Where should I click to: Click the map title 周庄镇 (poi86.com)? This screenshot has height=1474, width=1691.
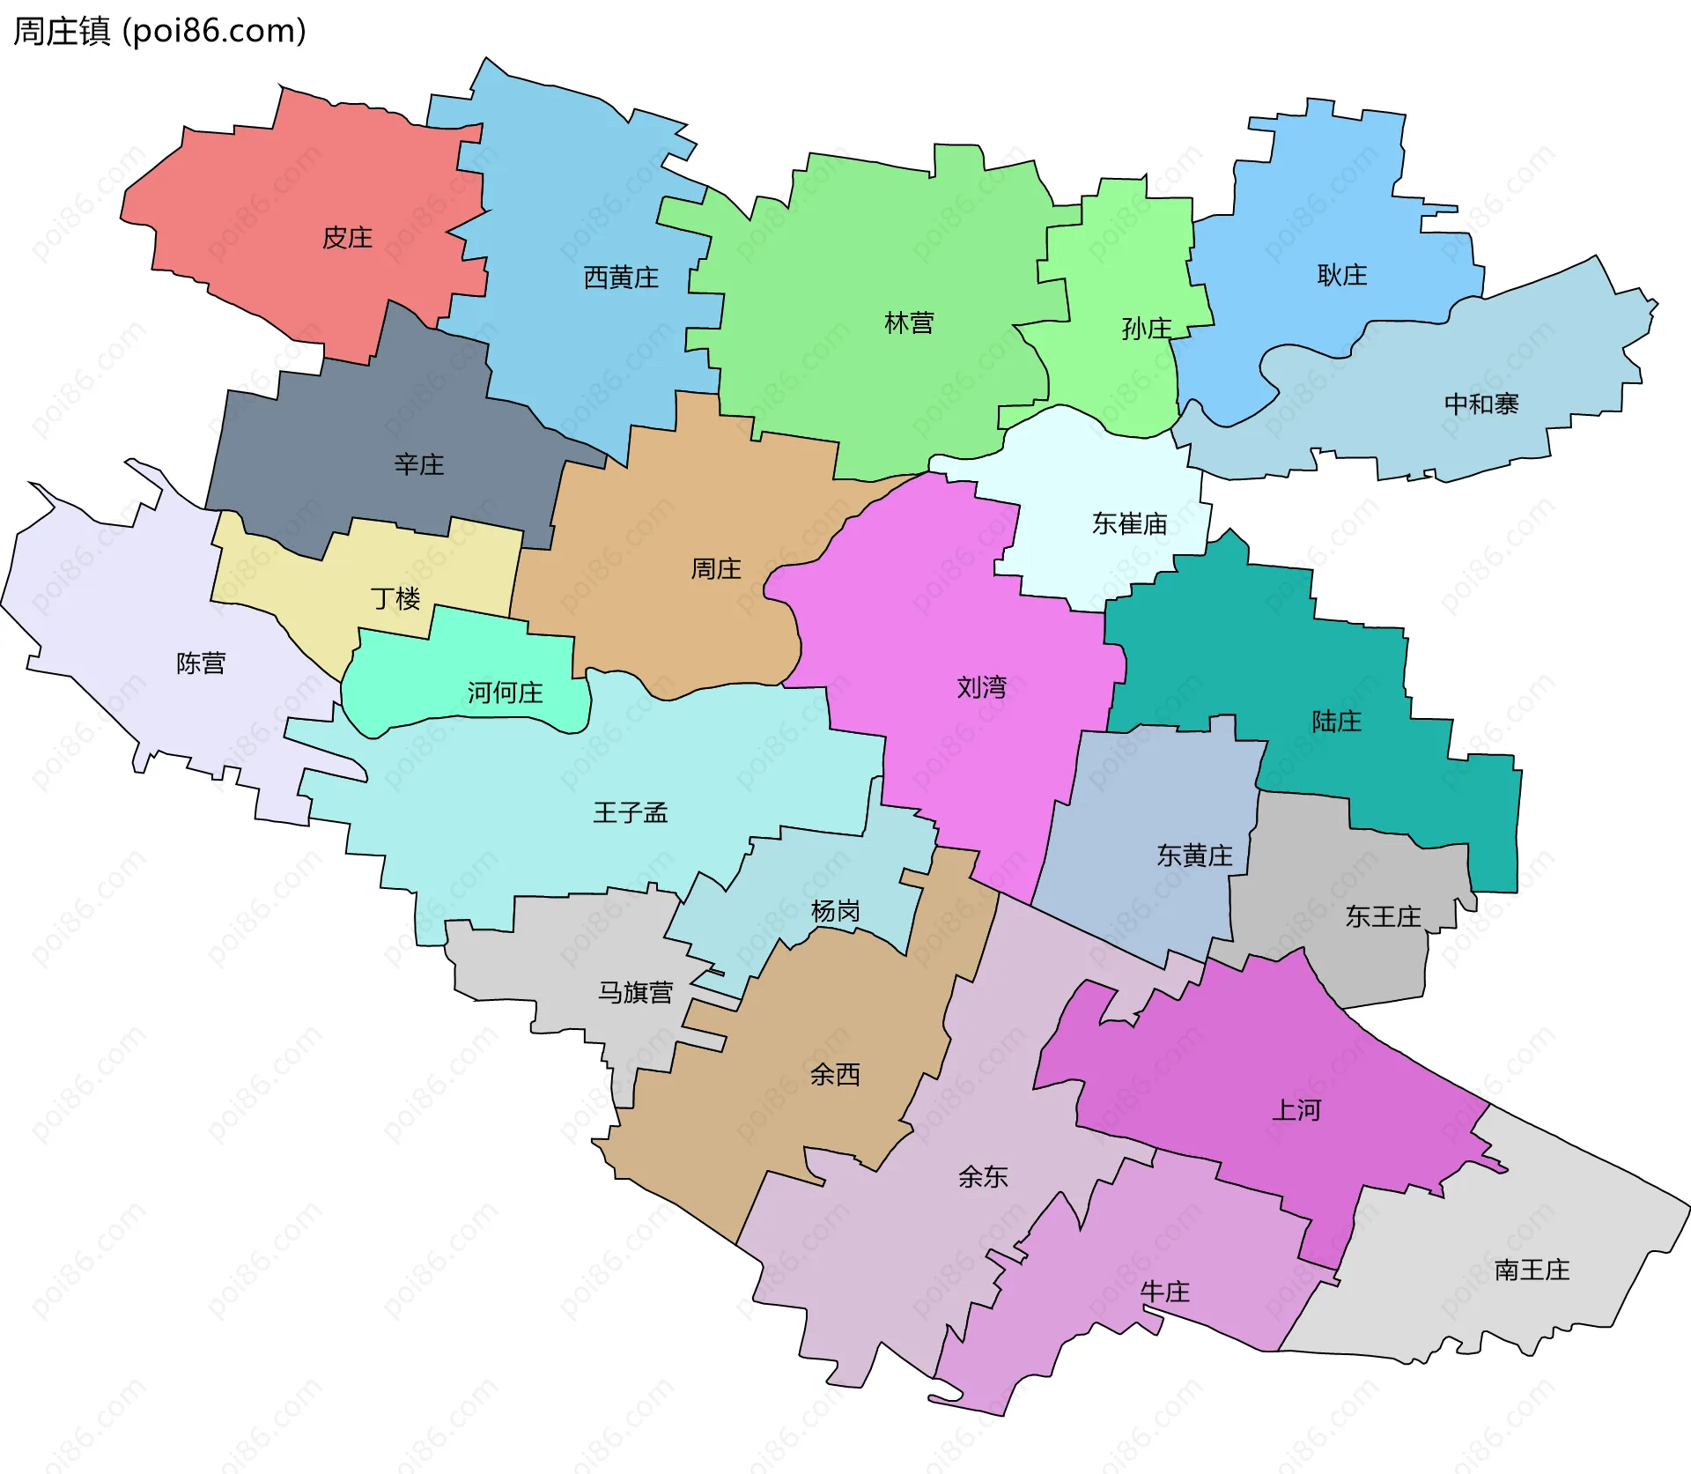click(159, 31)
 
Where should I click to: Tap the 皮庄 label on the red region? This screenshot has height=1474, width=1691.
click(347, 238)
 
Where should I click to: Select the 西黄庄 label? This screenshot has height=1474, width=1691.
click(621, 278)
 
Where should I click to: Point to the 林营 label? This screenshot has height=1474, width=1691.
click(909, 323)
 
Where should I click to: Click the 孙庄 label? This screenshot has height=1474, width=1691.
click(1146, 329)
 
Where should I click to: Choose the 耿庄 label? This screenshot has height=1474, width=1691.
click(1341, 275)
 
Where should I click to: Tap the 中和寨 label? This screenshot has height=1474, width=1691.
click(1481, 404)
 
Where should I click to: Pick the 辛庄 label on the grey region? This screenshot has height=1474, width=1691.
click(419, 464)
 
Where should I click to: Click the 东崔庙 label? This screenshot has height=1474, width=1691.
click(1129, 524)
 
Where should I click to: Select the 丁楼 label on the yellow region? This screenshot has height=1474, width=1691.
click(395, 599)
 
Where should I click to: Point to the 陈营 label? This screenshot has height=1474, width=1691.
click(201, 663)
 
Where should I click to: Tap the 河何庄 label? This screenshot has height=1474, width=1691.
click(505, 693)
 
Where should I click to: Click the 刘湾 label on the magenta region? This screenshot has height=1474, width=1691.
click(981, 687)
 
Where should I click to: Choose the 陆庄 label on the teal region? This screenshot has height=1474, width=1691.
click(1336, 722)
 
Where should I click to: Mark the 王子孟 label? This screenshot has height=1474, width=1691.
click(631, 812)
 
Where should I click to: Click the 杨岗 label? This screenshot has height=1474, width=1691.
click(835, 911)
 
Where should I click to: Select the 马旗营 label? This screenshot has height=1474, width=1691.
click(635, 993)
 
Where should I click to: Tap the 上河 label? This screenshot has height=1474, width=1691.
click(1296, 1110)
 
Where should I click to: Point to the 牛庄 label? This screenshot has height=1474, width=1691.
click(1164, 1293)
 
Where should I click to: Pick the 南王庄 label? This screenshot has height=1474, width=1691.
click(1532, 1270)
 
